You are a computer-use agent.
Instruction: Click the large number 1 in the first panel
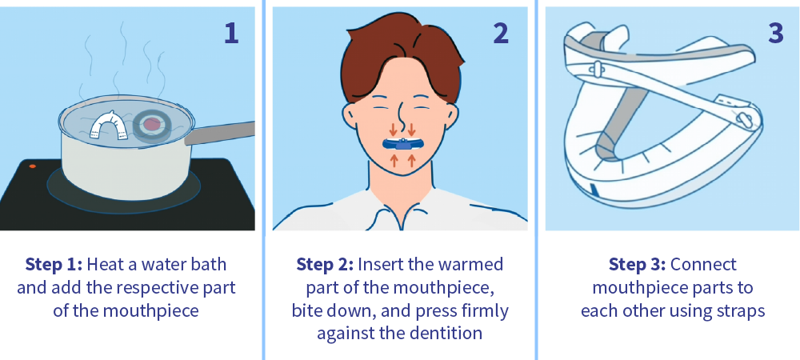(231, 33)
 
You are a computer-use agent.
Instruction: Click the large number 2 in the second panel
(500, 33)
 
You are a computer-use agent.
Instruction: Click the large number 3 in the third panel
(774, 33)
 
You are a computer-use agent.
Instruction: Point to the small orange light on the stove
(32, 166)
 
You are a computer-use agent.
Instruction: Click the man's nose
(400, 112)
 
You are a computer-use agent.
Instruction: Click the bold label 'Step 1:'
(54, 264)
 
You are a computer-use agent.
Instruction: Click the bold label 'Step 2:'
(325, 264)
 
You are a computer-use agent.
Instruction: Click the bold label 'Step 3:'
(637, 264)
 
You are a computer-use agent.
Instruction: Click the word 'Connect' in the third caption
(703, 264)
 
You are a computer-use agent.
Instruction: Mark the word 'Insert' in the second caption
(380, 264)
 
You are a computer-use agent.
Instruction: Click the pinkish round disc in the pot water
(151, 122)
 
